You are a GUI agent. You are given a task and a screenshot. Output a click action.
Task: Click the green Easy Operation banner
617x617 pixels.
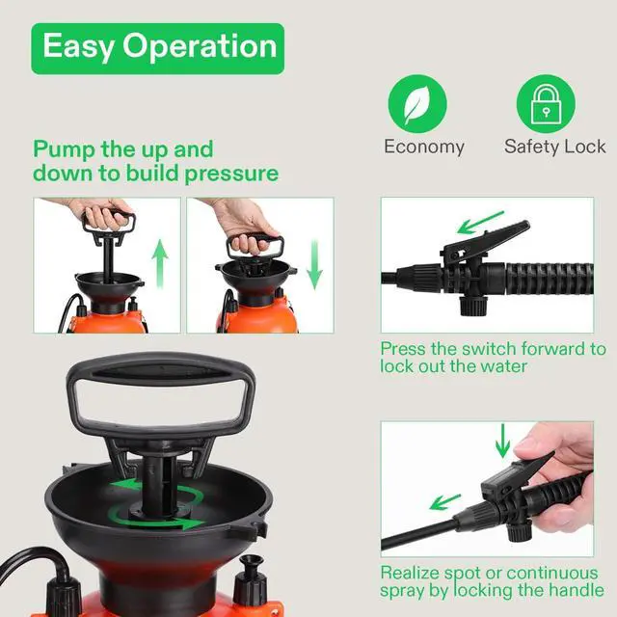[x=157, y=48]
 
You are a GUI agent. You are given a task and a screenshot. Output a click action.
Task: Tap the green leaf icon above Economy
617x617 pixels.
[x=417, y=104]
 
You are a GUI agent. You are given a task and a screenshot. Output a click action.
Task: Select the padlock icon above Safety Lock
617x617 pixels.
[x=546, y=104]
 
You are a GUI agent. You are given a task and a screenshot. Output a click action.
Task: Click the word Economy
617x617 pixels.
[x=424, y=147]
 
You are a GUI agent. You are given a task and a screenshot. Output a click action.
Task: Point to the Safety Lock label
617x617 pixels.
[x=554, y=147]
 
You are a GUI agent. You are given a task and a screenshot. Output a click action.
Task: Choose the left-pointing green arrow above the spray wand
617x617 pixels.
[x=444, y=501]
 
